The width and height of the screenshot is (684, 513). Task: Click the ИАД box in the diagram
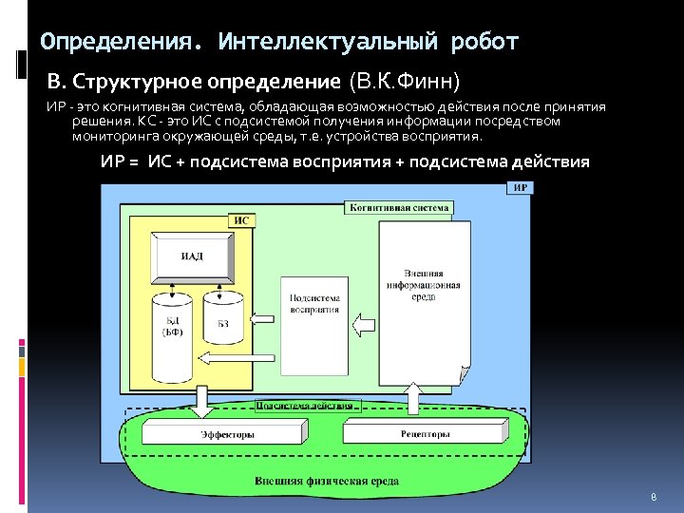point(193,257)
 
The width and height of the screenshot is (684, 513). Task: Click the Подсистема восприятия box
point(314,301)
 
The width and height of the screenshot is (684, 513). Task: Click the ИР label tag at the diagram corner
point(521,188)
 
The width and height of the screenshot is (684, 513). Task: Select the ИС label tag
point(241,220)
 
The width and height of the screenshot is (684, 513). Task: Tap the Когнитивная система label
point(399,207)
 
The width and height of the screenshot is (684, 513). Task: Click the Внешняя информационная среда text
point(424,284)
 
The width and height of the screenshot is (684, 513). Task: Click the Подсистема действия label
point(305,406)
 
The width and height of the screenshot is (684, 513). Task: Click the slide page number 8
point(654,498)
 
